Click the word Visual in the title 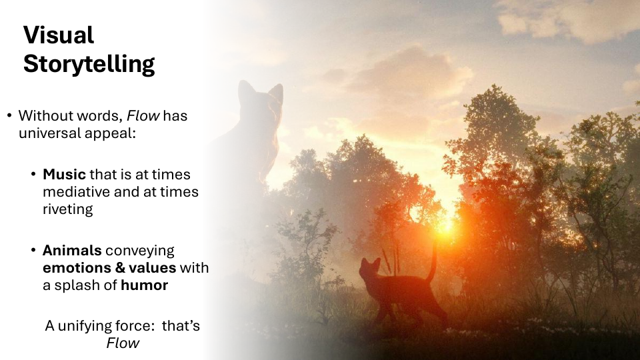pos(59,35)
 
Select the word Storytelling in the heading pos(89,64)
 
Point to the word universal pos(45,133)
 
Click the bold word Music pos(64,174)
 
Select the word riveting pos(68,209)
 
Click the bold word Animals pos(72,250)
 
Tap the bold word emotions pos(77,267)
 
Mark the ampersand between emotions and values pos(120,267)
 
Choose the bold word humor pos(144,285)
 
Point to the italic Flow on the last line pos(123,343)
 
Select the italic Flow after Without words pos(143,115)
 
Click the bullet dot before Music pos(33,174)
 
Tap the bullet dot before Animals pos(33,250)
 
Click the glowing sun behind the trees pos(446,225)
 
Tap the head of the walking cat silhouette pos(369,270)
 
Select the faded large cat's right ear pos(276,92)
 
